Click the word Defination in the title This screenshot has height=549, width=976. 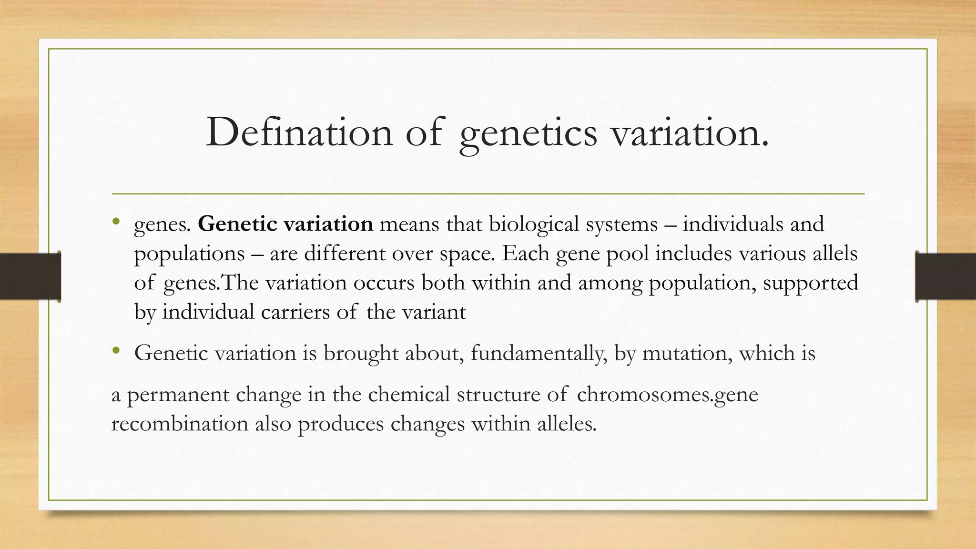coord(299,132)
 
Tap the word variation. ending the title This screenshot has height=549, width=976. coord(690,132)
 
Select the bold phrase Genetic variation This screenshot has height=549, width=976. coord(285,224)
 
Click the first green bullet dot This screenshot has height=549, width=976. coord(116,222)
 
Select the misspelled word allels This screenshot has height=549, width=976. coord(836,254)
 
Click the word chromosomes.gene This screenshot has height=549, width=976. coord(667,395)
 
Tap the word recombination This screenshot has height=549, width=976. coord(180,424)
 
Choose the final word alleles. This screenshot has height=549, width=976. coord(567,424)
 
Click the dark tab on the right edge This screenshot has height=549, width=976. coord(945,276)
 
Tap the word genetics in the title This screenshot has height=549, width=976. coord(528,133)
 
